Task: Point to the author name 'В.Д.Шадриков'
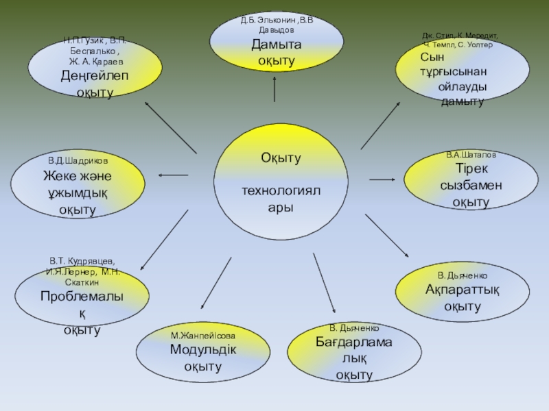[x=77, y=160]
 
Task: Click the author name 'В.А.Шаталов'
[x=471, y=155]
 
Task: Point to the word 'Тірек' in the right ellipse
[x=471, y=169]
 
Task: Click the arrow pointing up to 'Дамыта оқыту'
[x=275, y=88]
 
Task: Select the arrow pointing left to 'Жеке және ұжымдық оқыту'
[x=173, y=176]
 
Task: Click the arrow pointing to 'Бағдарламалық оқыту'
[x=324, y=283]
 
